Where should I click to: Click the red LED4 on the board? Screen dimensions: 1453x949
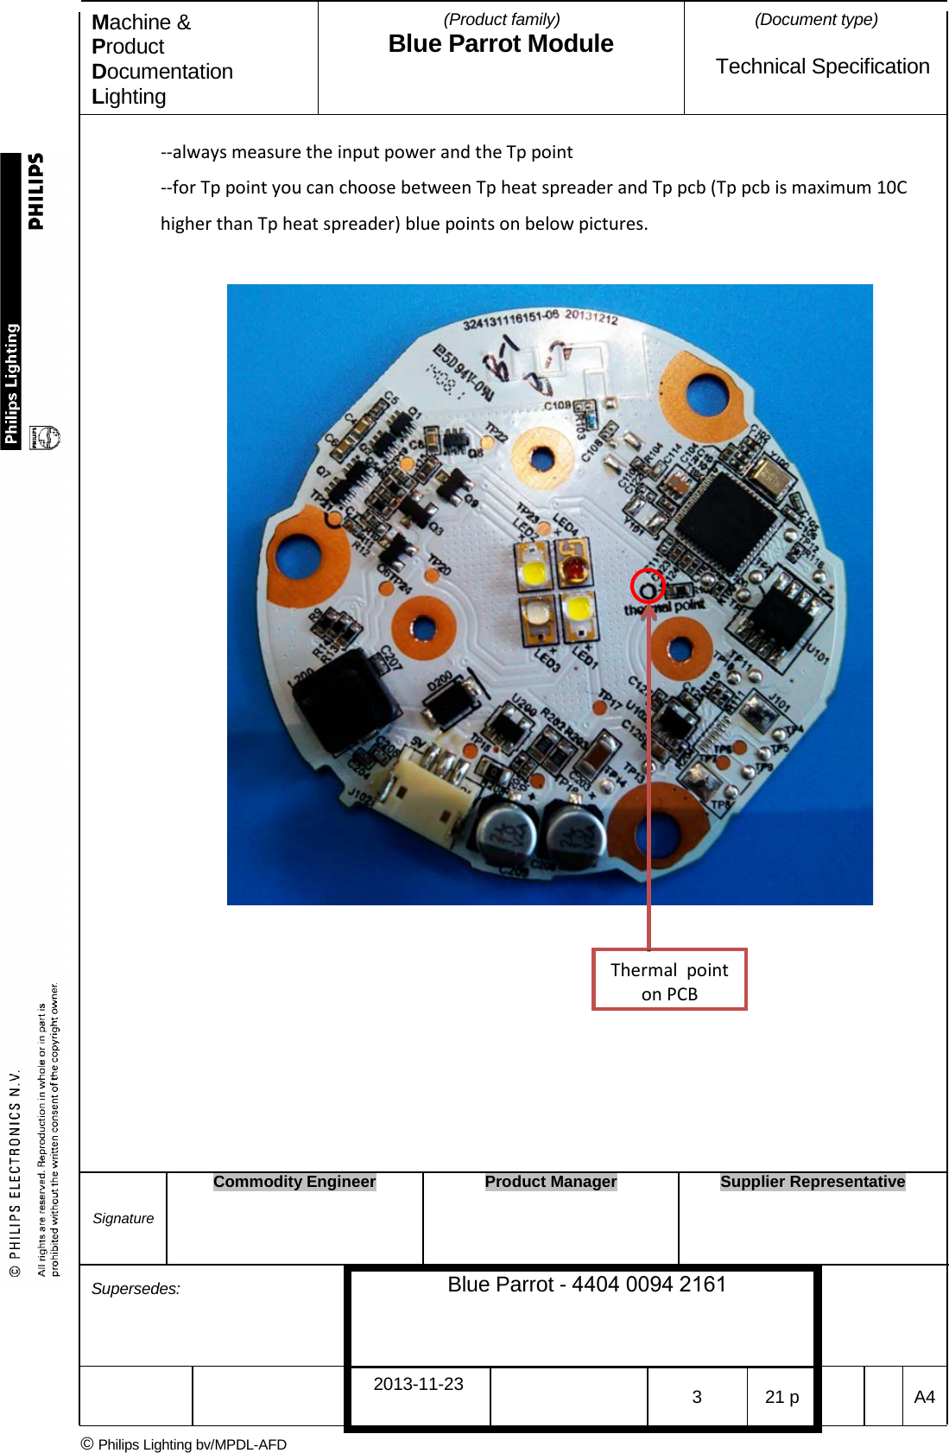click(x=573, y=567)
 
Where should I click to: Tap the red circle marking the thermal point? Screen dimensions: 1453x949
click(x=648, y=587)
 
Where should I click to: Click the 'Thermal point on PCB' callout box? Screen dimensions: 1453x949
click(x=669, y=980)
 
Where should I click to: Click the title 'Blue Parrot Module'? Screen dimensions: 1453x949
click(x=501, y=44)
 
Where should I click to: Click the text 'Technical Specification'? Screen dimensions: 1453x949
click(x=822, y=67)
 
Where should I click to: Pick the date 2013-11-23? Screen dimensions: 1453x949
click(x=418, y=1384)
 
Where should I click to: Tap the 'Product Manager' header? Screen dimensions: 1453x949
click(x=551, y=1182)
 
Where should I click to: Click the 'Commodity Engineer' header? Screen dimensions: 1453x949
click(x=294, y=1182)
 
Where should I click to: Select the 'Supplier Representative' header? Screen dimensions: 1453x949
click(x=813, y=1182)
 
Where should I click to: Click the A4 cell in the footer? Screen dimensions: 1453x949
click(x=924, y=1397)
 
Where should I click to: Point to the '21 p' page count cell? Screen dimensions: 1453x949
click(x=781, y=1397)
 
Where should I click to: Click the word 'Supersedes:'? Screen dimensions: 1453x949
click(x=136, y=1289)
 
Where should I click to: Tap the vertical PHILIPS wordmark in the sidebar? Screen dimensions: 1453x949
click(x=35, y=192)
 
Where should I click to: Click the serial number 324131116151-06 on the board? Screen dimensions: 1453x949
click(x=511, y=320)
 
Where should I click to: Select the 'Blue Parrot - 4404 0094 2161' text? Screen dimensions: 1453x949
click(x=586, y=1285)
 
